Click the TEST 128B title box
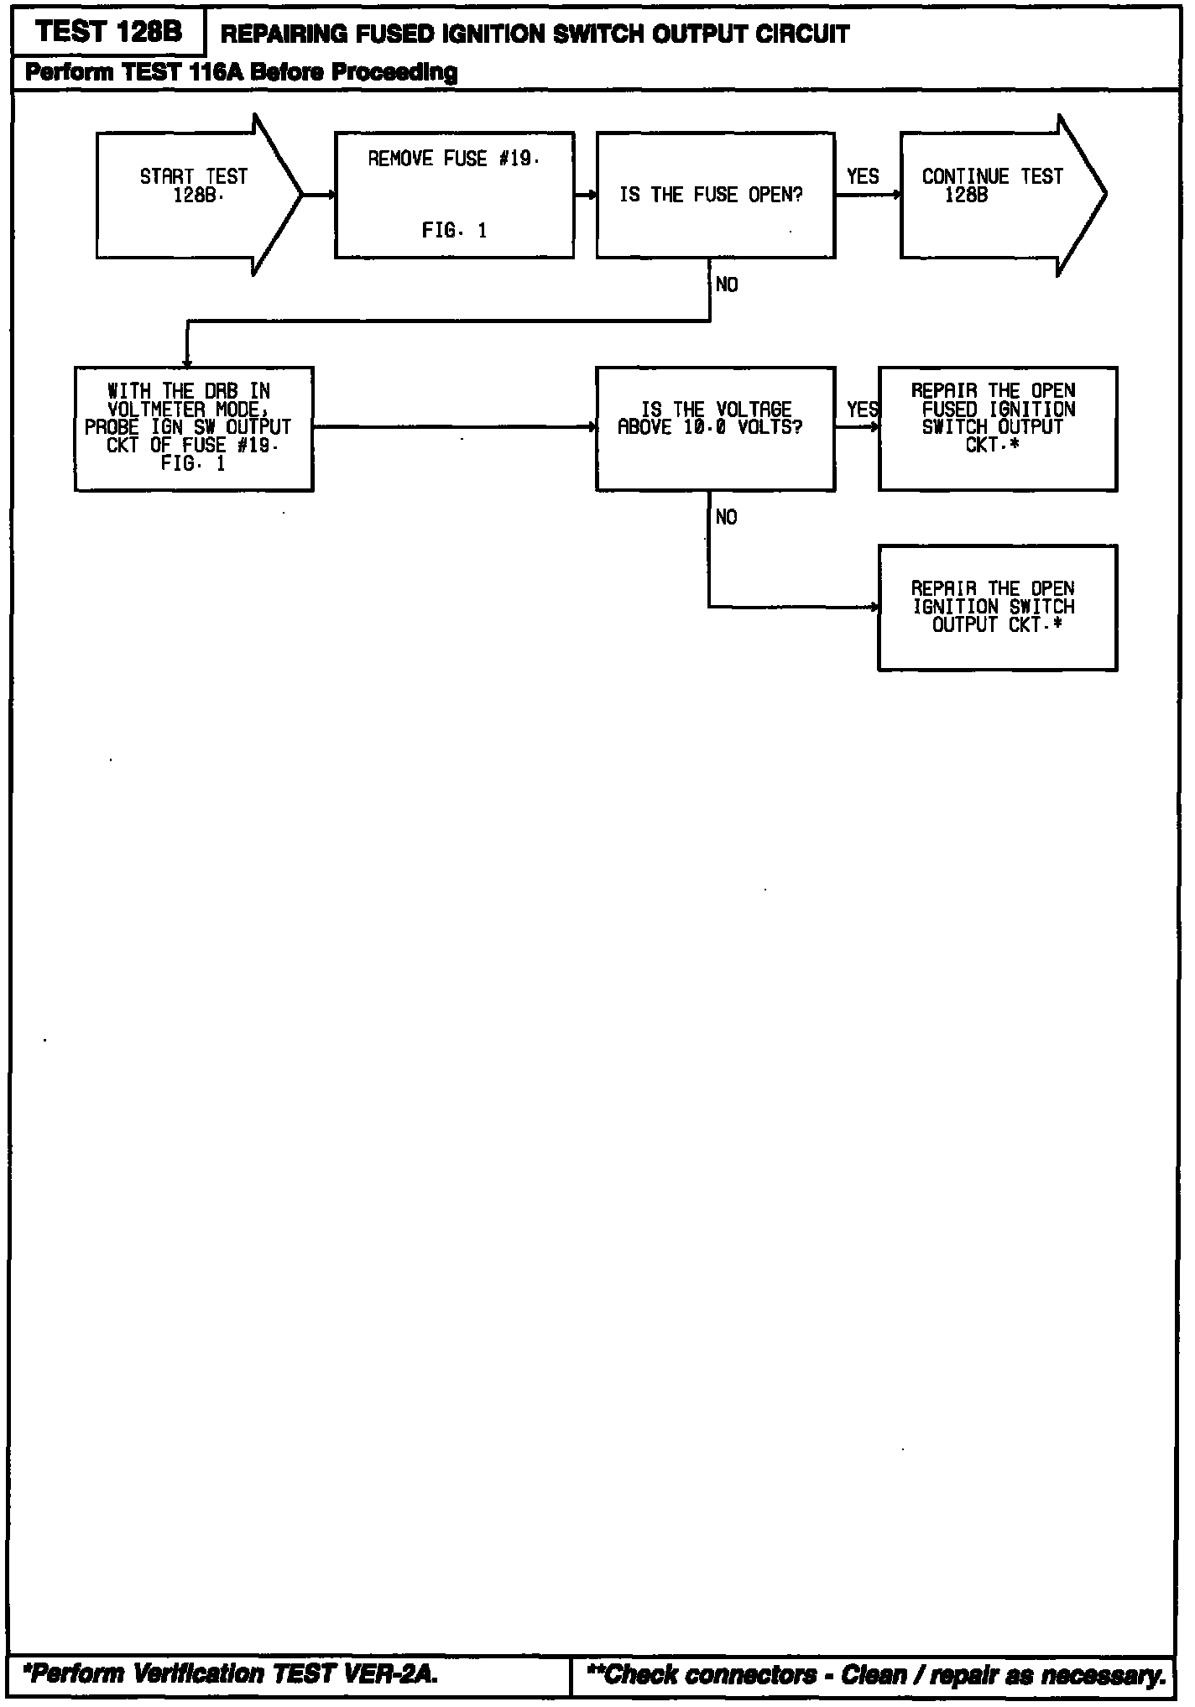(108, 33)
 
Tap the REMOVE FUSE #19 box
(454, 195)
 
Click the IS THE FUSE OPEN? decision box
(715, 196)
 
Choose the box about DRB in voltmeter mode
(194, 428)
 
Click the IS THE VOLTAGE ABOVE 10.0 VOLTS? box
(715, 428)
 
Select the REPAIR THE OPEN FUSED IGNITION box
(997, 428)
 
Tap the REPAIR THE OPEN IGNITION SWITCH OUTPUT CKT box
(997, 608)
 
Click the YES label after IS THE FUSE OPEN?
(863, 177)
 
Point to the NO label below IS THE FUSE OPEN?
(727, 285)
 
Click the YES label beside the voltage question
(862, 410)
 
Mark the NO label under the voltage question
(727, 518)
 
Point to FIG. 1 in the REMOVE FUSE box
(454, 231)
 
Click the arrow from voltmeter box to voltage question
(454, 427)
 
